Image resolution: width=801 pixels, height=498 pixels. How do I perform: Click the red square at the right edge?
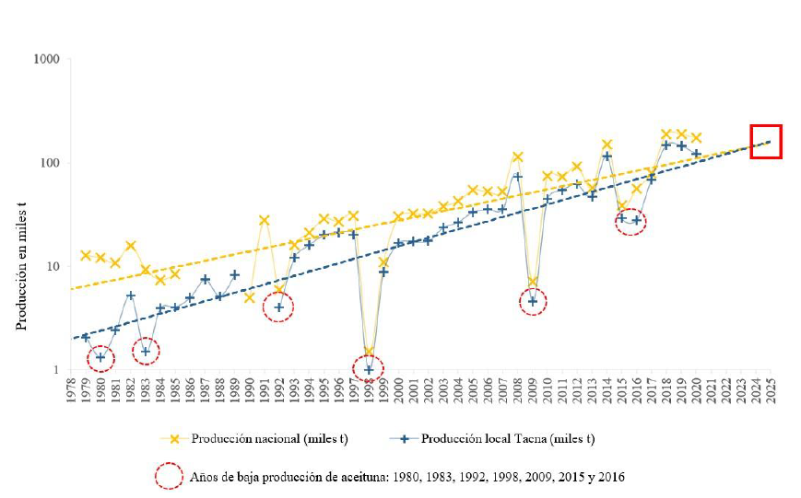point(765,141)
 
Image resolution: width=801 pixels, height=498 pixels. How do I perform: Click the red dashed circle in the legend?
point(169,476)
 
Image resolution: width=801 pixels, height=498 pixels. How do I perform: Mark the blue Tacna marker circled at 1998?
point(369,370)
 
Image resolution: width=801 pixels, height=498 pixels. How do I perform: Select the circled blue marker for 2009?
point(533,301)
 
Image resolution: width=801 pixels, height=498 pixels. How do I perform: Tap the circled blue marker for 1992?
point(278,307)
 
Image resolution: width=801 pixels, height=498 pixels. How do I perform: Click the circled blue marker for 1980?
point(100,357)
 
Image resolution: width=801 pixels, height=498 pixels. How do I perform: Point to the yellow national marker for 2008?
point(517,157)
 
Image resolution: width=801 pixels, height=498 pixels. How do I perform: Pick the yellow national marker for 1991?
point(265,220)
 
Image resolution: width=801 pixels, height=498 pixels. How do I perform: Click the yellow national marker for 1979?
point(86,255)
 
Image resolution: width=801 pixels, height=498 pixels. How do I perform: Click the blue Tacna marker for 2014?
point(607,156)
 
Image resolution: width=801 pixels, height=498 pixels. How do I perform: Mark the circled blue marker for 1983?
point(146,351)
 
